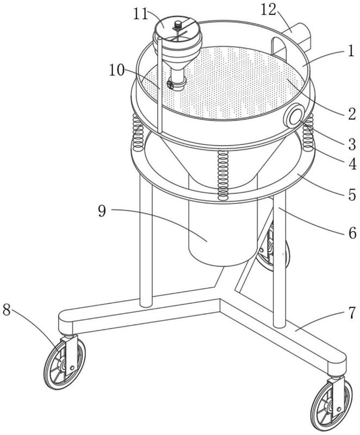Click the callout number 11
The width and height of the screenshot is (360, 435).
[x=141, y=14]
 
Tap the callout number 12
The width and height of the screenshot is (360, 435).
[x=269, y=10]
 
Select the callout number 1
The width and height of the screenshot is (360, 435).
[x=351, y=51]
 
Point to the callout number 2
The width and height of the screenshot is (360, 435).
[x=352, y=114]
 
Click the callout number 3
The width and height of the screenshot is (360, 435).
[x=352, y=144]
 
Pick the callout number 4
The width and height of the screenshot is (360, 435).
[x=352, y=164]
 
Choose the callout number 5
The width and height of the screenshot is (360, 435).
[x=352, y=195]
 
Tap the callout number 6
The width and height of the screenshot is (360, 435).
[x=352, y=233]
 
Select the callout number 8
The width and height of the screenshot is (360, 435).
[x=7, y=309]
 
